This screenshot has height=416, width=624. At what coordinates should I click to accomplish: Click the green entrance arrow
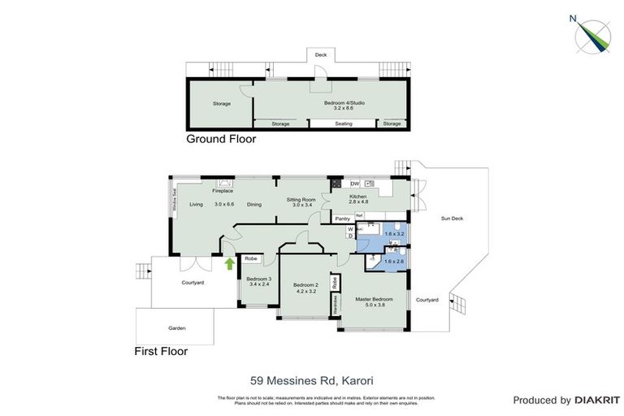coord(229,263)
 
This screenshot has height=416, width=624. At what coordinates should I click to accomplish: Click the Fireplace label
coord(223,191)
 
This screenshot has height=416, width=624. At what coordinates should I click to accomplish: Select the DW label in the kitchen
coord(344,183)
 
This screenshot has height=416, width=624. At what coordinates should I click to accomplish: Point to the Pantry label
coord(342,218)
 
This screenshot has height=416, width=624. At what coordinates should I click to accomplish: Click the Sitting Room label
coord(300,198)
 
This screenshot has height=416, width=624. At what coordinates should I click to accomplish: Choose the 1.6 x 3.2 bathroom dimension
coord(394,234)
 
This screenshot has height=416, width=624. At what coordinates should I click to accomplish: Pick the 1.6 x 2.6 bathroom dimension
coord(394,262)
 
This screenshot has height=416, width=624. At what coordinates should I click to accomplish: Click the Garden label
coord(176,328)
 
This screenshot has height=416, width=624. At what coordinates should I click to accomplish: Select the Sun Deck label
coord(452,219)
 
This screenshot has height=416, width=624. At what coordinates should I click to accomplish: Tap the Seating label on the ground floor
coord(344,123)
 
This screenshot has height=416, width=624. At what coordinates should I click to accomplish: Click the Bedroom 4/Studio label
coord(345,102)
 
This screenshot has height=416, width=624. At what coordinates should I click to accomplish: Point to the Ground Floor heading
coord(221,139)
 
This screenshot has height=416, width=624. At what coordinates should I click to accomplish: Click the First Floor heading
coord(161,352)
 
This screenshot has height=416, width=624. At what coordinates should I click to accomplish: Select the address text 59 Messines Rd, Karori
coord(311,379)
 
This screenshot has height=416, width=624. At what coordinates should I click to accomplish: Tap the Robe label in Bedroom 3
coord(250,260)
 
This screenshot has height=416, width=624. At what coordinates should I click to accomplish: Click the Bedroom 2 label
coord(305,284)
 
